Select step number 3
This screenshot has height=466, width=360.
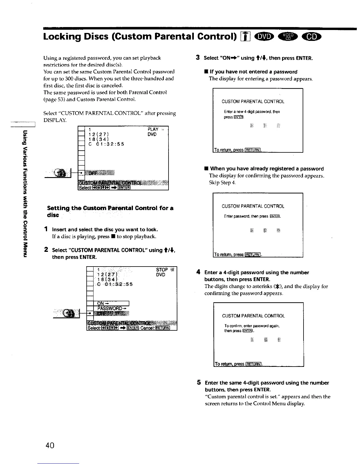tap(198, 58)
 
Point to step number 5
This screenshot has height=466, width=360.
tap(199, 383)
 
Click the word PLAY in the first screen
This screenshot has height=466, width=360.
tap(153, 129)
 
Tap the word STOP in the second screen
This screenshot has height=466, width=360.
tap(162, 270)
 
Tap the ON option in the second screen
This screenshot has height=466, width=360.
tap(100, 304)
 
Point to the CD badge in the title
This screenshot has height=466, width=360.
tap(314, 36)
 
